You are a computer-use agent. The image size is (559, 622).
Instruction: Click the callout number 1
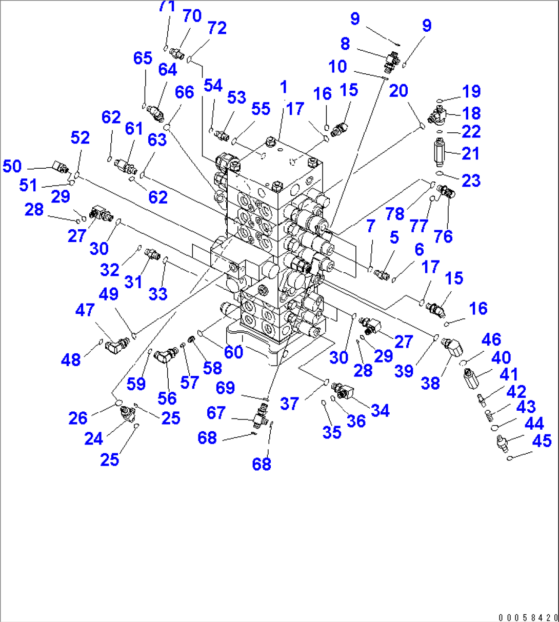pos(284,87)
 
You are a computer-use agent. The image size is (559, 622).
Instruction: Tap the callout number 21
pos(470,153)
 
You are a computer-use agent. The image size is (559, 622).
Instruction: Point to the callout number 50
pos(12,166)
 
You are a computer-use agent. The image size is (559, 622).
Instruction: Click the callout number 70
pos(192,16)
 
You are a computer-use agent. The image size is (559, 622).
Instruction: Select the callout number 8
pos(345,44)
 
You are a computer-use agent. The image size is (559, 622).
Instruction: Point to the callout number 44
pos(534,423)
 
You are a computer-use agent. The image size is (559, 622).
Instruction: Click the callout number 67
pos(216,412)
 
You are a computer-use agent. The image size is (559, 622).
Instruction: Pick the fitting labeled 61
pos(125,166)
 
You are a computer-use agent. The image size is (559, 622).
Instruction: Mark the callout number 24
pos(93,438)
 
